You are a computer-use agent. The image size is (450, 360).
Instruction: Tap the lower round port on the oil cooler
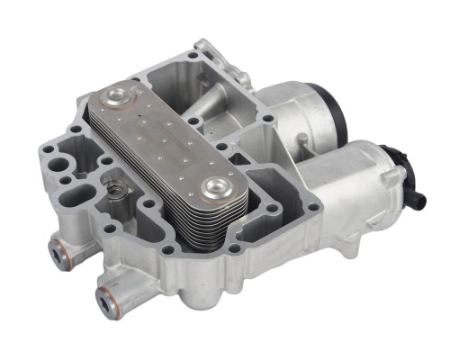click(x=216, y=188)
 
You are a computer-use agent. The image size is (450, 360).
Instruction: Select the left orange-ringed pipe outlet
click(x=60, y=255)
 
